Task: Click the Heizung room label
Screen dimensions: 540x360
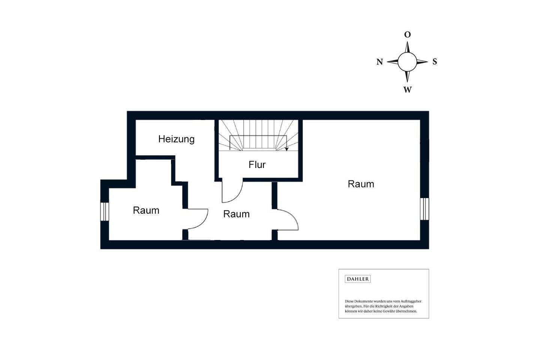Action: tap(176, 139)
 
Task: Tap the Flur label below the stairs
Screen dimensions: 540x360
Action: tap(257, 164)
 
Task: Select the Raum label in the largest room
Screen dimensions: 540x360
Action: tap(361, 184)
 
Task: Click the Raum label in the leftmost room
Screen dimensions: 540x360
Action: tap(146, 210)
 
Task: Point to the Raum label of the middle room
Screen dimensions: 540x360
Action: tap(236, 214)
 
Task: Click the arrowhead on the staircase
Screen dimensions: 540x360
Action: tap(286, 149)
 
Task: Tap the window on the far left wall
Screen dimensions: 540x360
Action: tap(105, 211)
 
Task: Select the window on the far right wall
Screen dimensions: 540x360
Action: tap(424, 209)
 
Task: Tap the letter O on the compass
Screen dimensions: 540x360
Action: tap(407, 35)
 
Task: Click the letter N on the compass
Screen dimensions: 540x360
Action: tap(379, 62)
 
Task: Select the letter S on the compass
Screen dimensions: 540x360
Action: tap(435, 61)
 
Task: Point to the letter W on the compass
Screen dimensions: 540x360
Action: tap(407, 90)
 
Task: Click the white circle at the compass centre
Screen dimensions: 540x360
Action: tap(407, 62)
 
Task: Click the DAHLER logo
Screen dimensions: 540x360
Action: tap(357, 279)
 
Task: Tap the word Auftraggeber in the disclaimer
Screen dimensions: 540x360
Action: tap(411, 301)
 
